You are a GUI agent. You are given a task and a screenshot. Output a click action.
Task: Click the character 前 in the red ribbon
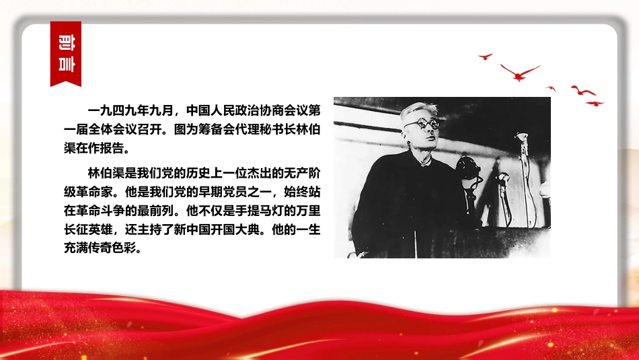click(x=66, y=42)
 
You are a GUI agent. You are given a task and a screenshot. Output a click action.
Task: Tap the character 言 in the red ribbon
click(x=66, y=64)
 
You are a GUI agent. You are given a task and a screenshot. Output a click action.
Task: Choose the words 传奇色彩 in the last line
click(x=112, y=248)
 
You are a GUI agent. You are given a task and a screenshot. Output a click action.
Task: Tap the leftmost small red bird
click(x=485, y=57)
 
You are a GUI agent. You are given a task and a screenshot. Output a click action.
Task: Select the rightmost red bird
click(x=595, y=104)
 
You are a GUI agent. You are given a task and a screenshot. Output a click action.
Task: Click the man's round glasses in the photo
click(x=422, y=124)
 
